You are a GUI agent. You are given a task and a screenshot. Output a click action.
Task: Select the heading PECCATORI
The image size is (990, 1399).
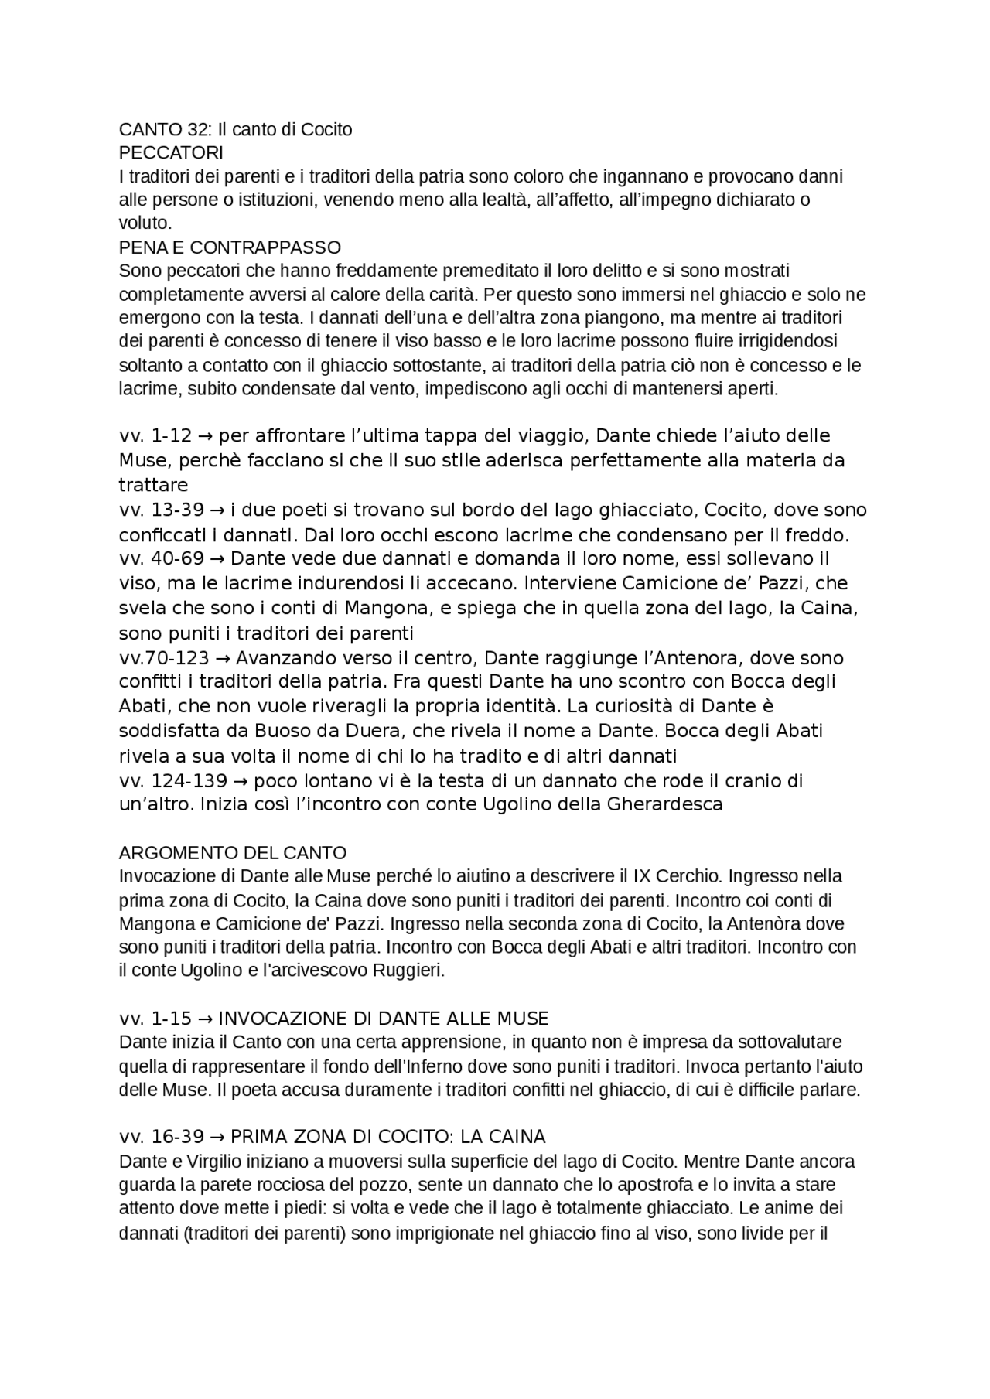coord(171,153)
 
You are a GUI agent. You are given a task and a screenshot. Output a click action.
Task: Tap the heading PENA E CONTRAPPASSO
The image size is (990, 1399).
coord(230,247)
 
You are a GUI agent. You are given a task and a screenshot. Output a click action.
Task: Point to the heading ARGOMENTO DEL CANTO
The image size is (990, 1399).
coord(233,852)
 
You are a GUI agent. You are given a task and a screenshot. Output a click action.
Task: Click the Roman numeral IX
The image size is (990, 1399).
coord(642,876)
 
